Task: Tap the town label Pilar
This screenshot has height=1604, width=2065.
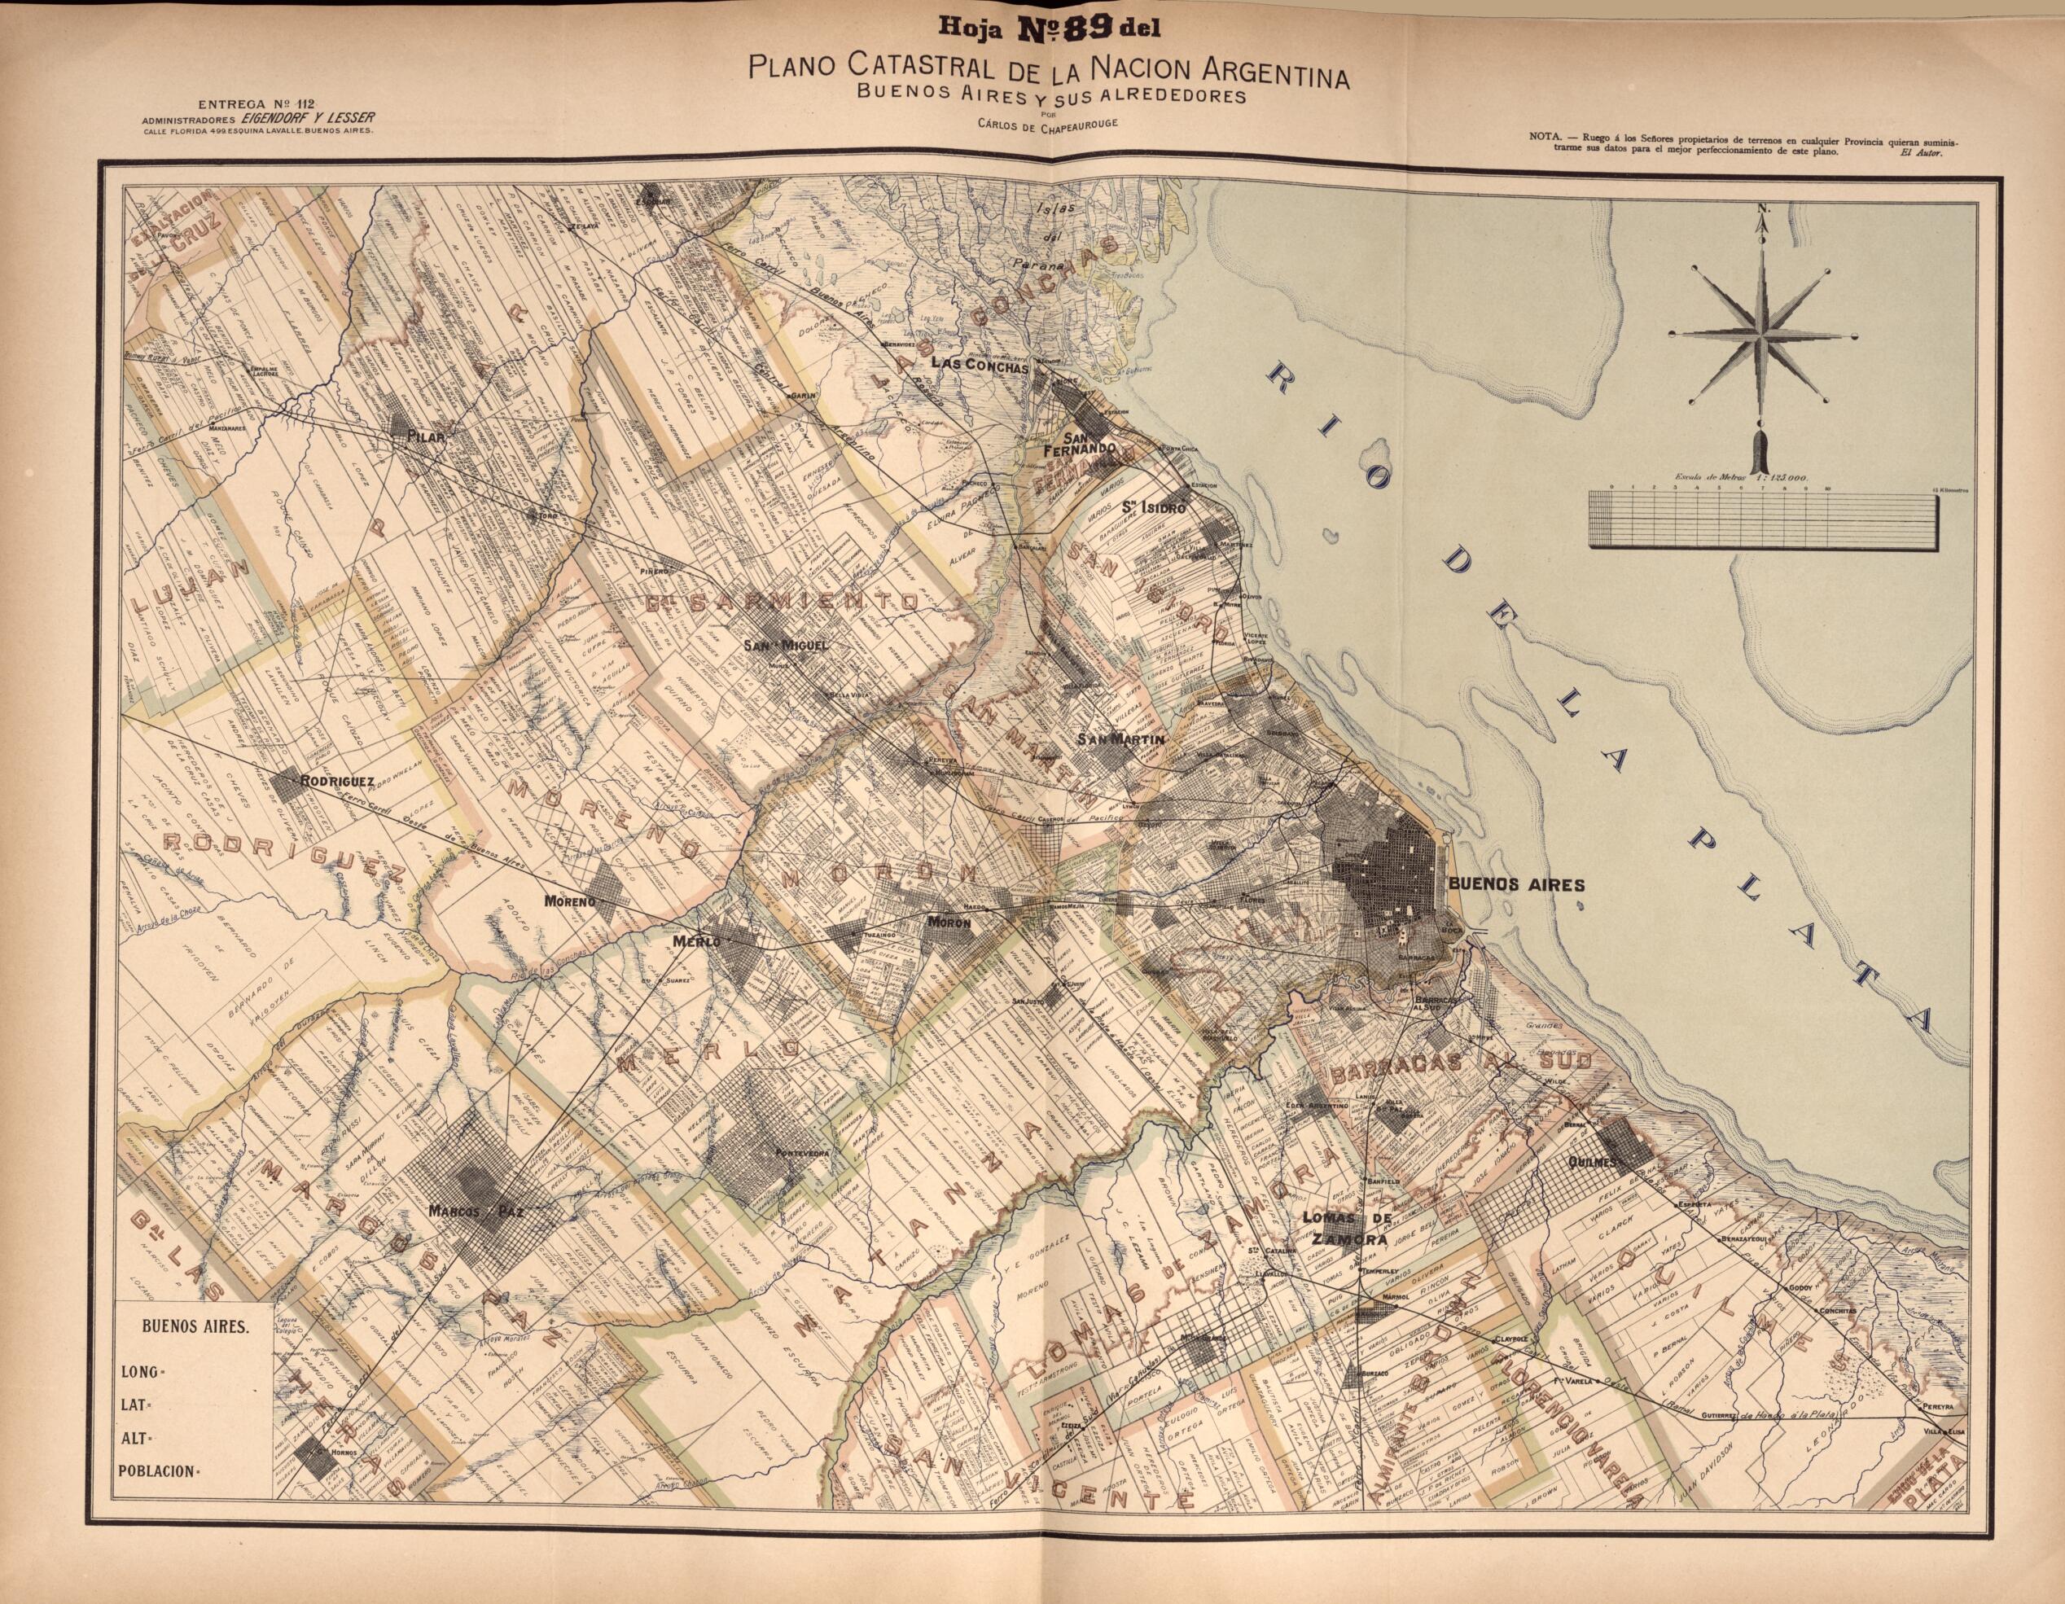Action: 421,436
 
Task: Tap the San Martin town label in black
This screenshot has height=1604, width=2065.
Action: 1125,739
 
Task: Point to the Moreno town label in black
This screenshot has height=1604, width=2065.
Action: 570,901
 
